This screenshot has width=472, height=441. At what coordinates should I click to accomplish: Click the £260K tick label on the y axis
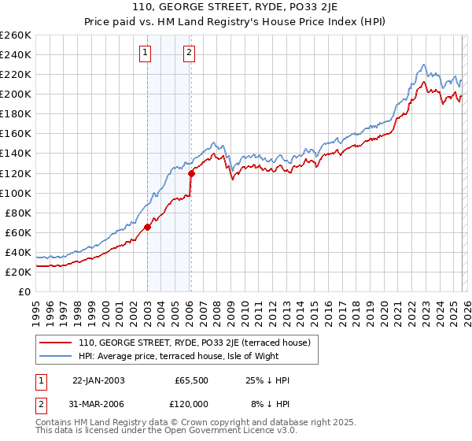point(15,35)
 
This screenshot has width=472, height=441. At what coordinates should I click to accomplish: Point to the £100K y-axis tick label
point(15,193)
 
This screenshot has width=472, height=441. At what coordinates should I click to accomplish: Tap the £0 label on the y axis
point(24,291)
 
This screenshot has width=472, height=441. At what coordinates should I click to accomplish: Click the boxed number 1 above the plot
point(146,54)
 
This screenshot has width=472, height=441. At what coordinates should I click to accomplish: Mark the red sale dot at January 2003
point(147,227)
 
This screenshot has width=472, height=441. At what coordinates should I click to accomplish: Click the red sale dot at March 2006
point(191,173)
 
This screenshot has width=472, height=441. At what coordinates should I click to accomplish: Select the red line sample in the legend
point(56,343)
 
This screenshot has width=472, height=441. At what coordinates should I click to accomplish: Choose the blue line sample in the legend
point(56,356)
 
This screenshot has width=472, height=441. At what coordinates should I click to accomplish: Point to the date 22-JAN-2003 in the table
point(98,380)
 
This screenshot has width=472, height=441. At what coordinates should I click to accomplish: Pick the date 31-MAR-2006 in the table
point(98,406)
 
